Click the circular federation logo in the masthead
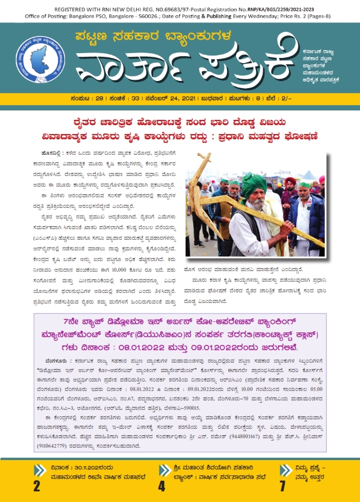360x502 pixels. tap(40, 60)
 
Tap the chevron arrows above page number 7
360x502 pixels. tap(283, 470)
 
